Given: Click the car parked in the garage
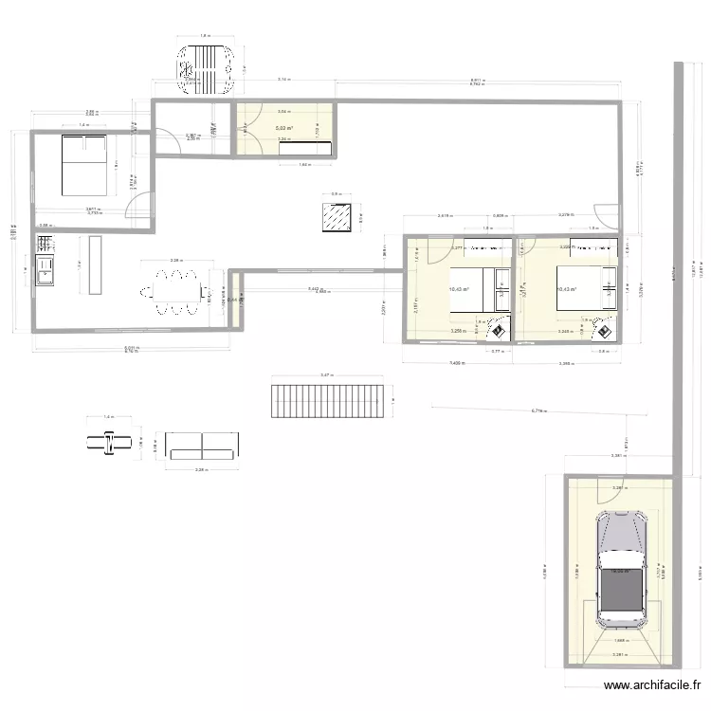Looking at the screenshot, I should pyautogui.click(x=621, y=569).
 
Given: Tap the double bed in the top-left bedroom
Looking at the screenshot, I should pyautogui.click(x=84, y=164).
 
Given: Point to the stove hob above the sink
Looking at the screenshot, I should pyautogui.click(x=45, y=244).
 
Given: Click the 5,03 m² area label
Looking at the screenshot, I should pyautogui.click(x=283, y=128).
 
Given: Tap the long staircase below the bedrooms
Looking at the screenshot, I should pyautogui.click(x=328, y=401).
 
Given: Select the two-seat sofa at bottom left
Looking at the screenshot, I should pyautogui.click(x=201, y=446).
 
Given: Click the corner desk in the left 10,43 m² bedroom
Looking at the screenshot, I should pyautogui.click(x=495, y=328).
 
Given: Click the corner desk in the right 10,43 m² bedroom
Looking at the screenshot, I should pyautogui.click(x=604, y=328).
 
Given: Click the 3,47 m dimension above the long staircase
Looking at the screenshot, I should pyautogui.click(x=327, y=376).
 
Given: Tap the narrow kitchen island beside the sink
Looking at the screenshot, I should pyautogui.click(x=96, y=264).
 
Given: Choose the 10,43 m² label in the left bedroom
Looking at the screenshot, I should pyautogui.click(x=459, y=290).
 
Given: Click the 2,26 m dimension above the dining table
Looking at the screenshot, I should pyautogui.click(x=175, y=260).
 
